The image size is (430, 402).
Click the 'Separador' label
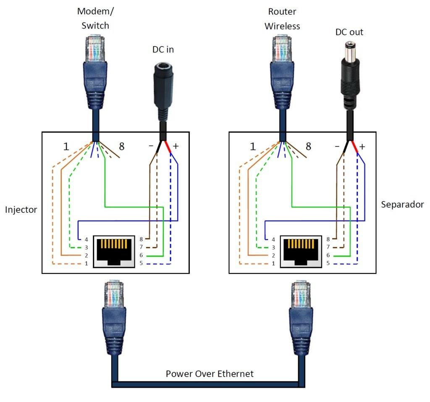[x=402, y=205]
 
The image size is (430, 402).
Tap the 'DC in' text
[x=163, y=50]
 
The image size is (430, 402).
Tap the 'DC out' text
[x=349, y=32]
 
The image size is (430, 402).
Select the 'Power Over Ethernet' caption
[x=210, y=373]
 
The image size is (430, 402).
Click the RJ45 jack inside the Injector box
[x=113, y=252]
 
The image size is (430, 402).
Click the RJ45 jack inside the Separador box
[x=301, y=252]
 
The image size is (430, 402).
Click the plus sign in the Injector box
[x=176, y=146]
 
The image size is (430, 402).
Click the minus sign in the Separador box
[x=337, y=146]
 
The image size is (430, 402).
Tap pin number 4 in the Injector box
[x=86, y=239]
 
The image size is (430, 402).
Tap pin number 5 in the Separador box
[x=328, y=264]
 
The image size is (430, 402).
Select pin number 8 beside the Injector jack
[x=141, y=239]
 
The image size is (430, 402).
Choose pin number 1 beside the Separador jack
[x=273, y=264]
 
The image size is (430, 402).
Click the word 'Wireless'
[x=282, y=26]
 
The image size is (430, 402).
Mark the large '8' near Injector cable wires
[x=121, y=147]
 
